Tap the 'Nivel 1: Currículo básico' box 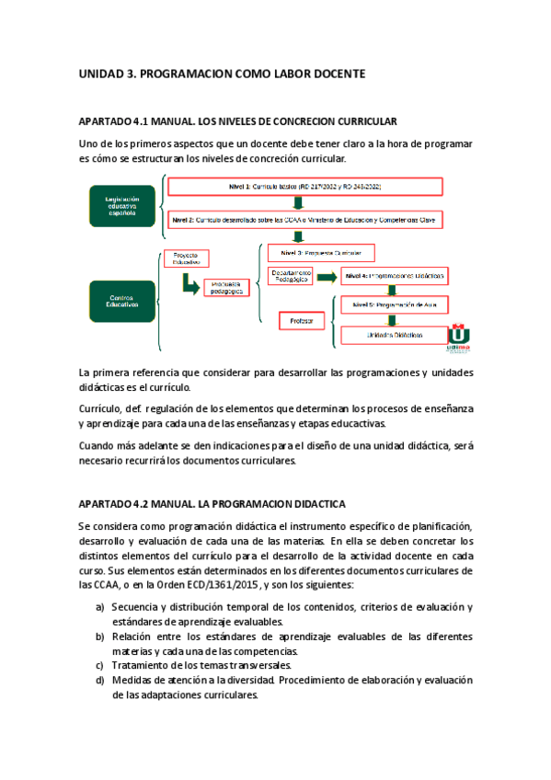point(304,187)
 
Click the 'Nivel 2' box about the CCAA point(305,222)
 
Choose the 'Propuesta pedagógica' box point(225,287)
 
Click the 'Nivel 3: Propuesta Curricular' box point(322,252)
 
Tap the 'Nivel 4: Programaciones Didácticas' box point(394,276)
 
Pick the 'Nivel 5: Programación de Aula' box point(394,304)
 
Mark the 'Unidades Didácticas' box point(394,336)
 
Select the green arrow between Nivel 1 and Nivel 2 point(296,204)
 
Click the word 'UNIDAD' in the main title point(103,73)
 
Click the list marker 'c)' point(100,665)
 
